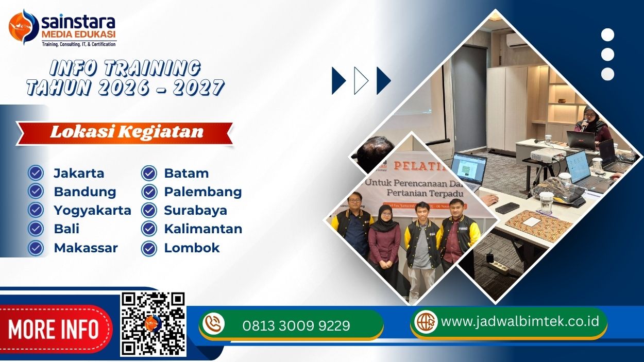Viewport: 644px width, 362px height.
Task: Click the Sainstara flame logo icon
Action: click(24, 27)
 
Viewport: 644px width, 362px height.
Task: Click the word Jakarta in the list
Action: click(79, 173)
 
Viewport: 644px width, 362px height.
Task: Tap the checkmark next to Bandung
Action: click(36, 192)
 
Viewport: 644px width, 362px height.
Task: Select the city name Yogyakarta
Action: click(92, 210)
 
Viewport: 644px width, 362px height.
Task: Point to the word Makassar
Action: click(86, 248)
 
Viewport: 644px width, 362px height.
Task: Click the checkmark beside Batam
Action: click(149, 173)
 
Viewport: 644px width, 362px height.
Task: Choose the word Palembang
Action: click(202, 192)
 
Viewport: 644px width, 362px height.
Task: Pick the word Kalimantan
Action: click(203, 229)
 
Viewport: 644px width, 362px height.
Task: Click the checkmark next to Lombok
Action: click(149, 248)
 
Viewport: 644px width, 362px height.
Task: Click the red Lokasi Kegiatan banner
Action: click(126, 132)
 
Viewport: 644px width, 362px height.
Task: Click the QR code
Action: click(153, 324)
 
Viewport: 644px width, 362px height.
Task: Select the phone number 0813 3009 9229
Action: click(296, 325)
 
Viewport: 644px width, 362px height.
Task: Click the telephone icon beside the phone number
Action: click(213, 324)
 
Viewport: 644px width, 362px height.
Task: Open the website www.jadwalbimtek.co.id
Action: click(520, 321)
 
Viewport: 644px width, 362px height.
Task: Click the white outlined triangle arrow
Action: click(361, 81)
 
